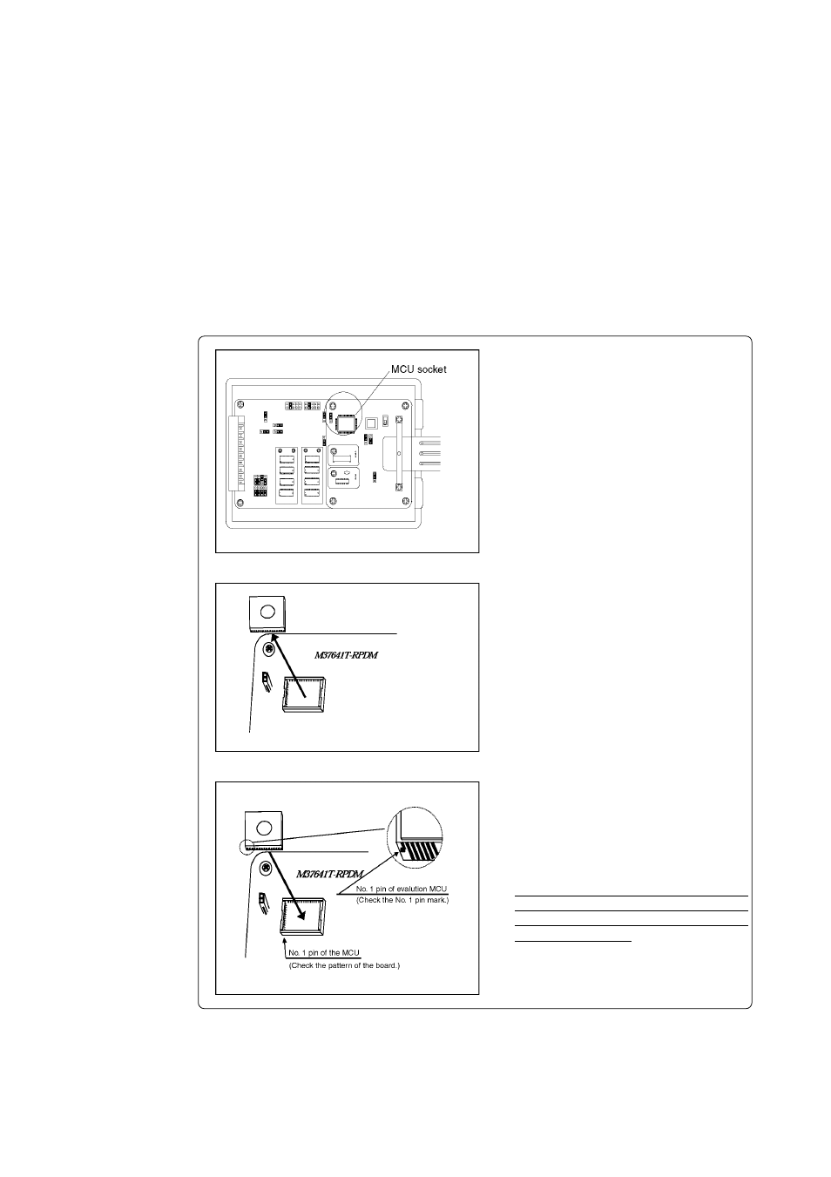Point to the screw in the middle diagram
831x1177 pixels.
pyautogui.click(x=271, y=649)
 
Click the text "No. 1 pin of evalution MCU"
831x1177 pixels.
pyautogui.click(x=402, y=888)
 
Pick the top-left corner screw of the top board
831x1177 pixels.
pyautogui.click(x=238, y=404)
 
